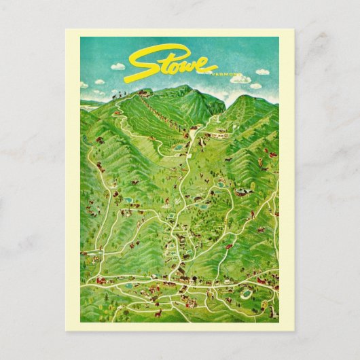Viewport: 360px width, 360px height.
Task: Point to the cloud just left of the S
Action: tap(118, 66)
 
